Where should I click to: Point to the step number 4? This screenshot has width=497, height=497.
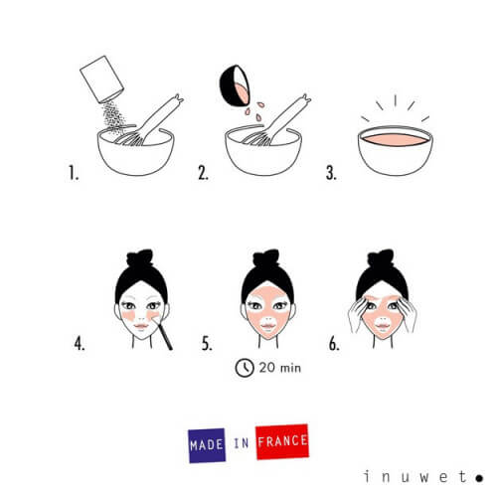(79, 347)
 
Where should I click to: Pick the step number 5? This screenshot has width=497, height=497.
(207, 347)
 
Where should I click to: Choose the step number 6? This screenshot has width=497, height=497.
(335, 347)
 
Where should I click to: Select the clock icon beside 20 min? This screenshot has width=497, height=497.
(243, 368)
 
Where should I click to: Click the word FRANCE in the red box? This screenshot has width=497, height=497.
(281, 438)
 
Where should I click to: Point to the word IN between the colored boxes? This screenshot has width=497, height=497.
(244, 441)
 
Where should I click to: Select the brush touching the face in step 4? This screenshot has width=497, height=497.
(163, 332)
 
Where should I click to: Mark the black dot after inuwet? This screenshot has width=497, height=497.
(479, 476)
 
